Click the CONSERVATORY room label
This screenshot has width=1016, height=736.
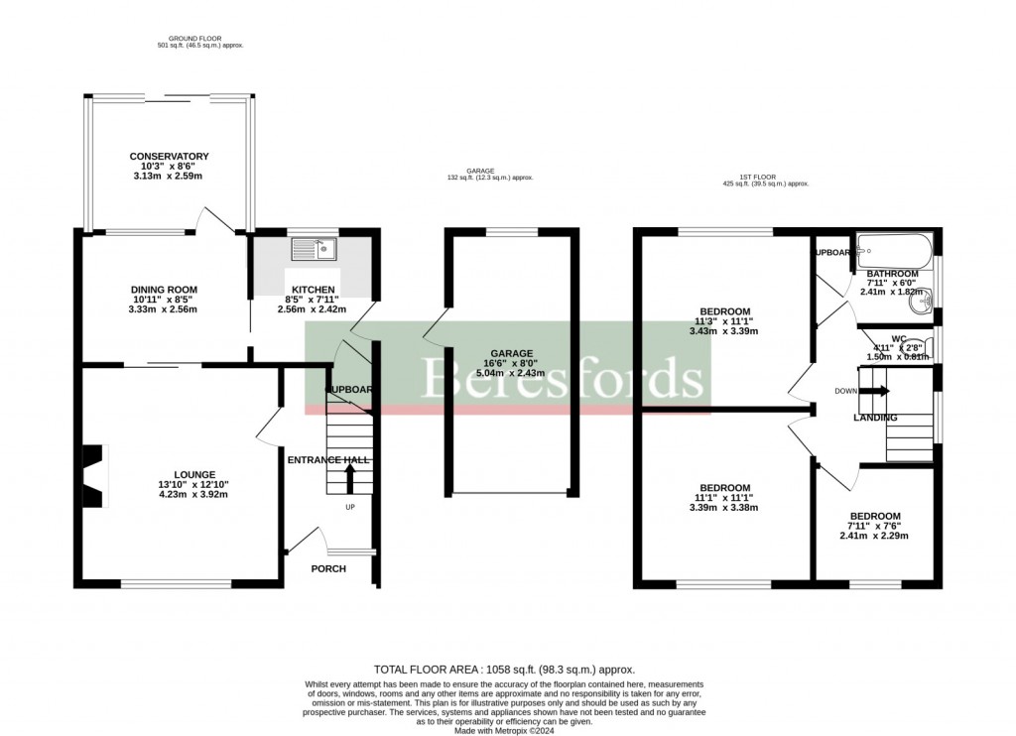[169, 157]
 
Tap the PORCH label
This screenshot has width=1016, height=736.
[328, 568]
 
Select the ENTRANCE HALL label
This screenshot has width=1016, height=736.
[328, 460]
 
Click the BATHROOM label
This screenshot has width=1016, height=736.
[892, 273]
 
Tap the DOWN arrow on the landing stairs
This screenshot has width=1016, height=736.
[874, 391]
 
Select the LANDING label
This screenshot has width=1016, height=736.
[875, 418]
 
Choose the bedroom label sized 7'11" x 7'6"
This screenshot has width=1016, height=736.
[874, 516]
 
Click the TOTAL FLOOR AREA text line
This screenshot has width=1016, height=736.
[504, 670]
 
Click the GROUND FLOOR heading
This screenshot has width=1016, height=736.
[200, 39]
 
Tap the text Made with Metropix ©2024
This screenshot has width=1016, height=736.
[504, 731]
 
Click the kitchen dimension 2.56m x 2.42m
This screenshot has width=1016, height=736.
[313, 309]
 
